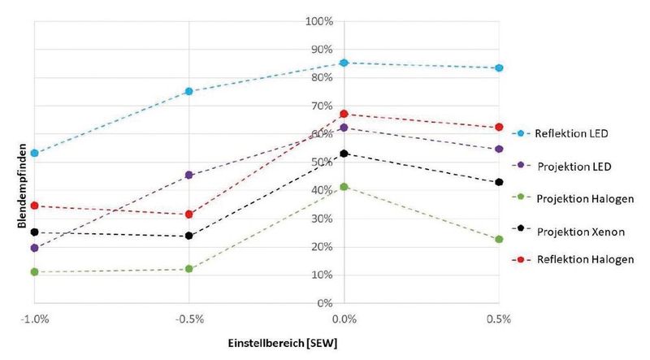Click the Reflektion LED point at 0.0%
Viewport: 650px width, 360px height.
(344, 63)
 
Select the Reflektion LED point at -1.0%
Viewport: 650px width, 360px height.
(34, 153)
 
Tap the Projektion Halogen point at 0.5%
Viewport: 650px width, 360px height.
(499, 239)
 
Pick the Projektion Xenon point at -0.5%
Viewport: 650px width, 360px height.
(189, 236)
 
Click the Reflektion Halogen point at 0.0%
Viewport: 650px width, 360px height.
(344, 114)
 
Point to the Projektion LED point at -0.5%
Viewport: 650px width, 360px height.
(189, 175)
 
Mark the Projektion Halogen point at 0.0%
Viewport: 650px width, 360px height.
(344, 187)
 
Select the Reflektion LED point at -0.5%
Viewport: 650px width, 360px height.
(189, 91)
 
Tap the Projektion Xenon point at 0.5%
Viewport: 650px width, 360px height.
(499, 182)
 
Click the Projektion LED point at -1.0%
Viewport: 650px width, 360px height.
(34, 248)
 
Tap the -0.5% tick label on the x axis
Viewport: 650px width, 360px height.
(189, 320)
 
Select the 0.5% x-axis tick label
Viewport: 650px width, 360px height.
(499, 320)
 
